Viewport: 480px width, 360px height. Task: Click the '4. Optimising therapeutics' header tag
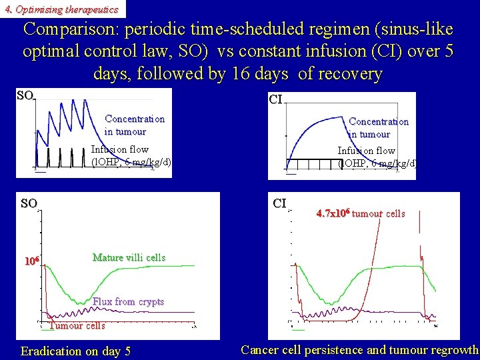click(61, 9)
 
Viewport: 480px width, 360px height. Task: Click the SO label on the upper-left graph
click(25, 96)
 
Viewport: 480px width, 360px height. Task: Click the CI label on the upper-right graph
click(276, 100)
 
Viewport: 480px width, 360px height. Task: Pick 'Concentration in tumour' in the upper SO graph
click(134, 125)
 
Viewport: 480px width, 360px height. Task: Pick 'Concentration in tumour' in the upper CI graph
click(378, 127)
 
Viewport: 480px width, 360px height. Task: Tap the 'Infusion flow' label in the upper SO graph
click(119, 149)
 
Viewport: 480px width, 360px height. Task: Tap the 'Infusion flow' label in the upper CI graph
click(366, 151)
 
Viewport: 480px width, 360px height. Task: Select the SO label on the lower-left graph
click(29, 203)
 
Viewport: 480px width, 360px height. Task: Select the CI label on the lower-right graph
click(280, 203)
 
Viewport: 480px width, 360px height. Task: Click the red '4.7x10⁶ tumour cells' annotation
click(360, 214)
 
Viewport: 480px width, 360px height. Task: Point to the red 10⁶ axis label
click(33, 261)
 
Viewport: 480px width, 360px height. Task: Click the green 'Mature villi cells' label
click(129, 257)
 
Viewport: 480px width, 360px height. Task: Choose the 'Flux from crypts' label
click(128, 301)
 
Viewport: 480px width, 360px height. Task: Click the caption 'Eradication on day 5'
click(75, 351)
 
